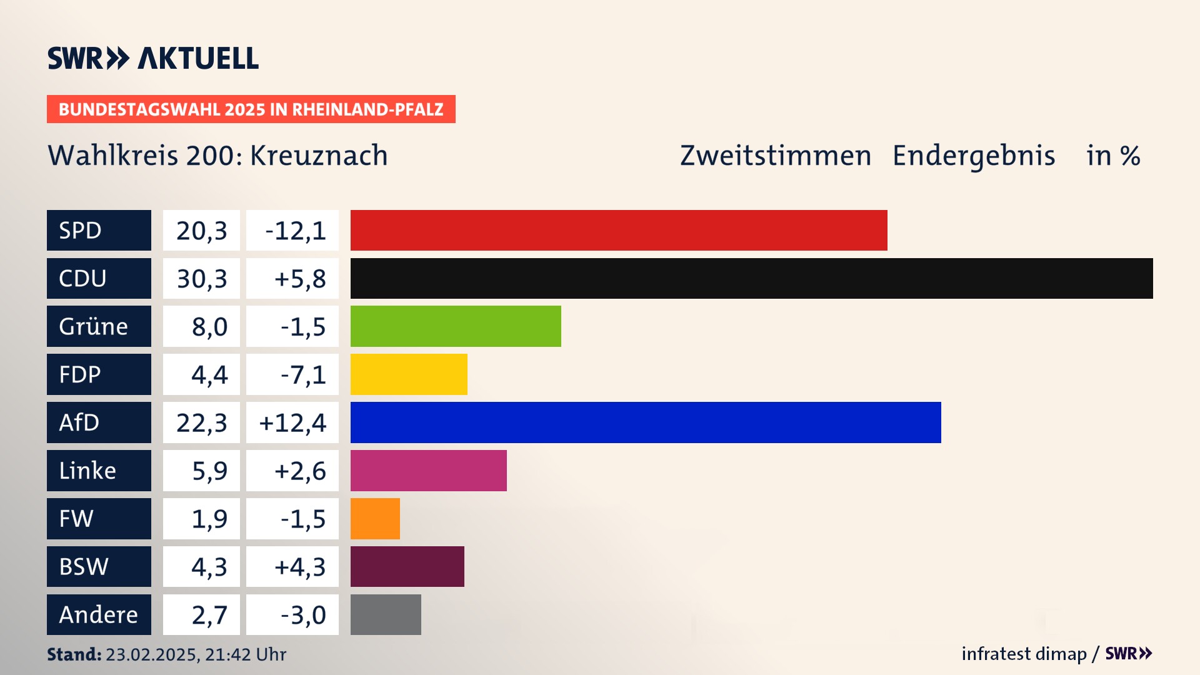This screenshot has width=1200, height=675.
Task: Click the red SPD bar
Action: pyautogui.click(x=619, y=230)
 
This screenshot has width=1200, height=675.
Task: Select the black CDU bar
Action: pyautogui.click(x=751, y=278)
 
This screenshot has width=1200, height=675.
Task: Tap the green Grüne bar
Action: pyautogui.click(x=456, y=326)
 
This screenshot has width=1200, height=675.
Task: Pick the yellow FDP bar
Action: pyautogui.click(x=409, y=374)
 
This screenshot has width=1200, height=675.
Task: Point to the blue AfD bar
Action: pyautogui.click(x=646, y=422)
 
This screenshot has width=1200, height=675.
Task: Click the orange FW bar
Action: pyautogui.click(x=375, y=519)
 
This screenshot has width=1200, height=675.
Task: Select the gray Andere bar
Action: pyautogui.click(x=386, y=614)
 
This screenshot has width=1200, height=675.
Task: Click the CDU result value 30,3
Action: pyautogui.click(x=201, y=279)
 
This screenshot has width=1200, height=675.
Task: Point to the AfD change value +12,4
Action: pyautogui.click(x=292, y=423)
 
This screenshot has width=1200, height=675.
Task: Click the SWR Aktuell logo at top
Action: pyautogui.click(x=153, y=58)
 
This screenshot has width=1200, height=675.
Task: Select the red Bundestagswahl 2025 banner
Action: pyautogui.click(x=251, y=109)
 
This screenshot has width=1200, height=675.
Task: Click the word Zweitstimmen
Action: pyautogui.click(x=775, y=156)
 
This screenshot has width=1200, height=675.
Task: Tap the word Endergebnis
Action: pyautogui.click(x=973, y=156)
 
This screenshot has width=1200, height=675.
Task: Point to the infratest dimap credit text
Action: pyautogui.click(x=1024, y=654)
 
